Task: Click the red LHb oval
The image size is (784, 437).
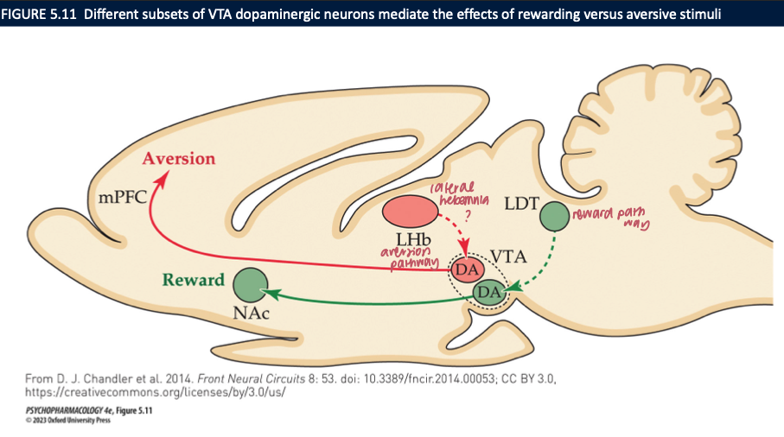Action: tap(410, 212)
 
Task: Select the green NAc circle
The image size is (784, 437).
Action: tap(251, 284)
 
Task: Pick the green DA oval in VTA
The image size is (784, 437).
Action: tap(489, 293)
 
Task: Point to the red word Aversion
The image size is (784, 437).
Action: tap(178, 159)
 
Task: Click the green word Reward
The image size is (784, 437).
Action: tap(194, 280)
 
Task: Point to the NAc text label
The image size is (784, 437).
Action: tap(251, 313)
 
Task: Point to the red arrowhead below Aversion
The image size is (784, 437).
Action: tap(160, 180)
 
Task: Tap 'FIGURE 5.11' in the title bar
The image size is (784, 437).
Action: tap(38, 12)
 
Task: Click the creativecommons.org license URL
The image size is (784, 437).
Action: tap(150, 390)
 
